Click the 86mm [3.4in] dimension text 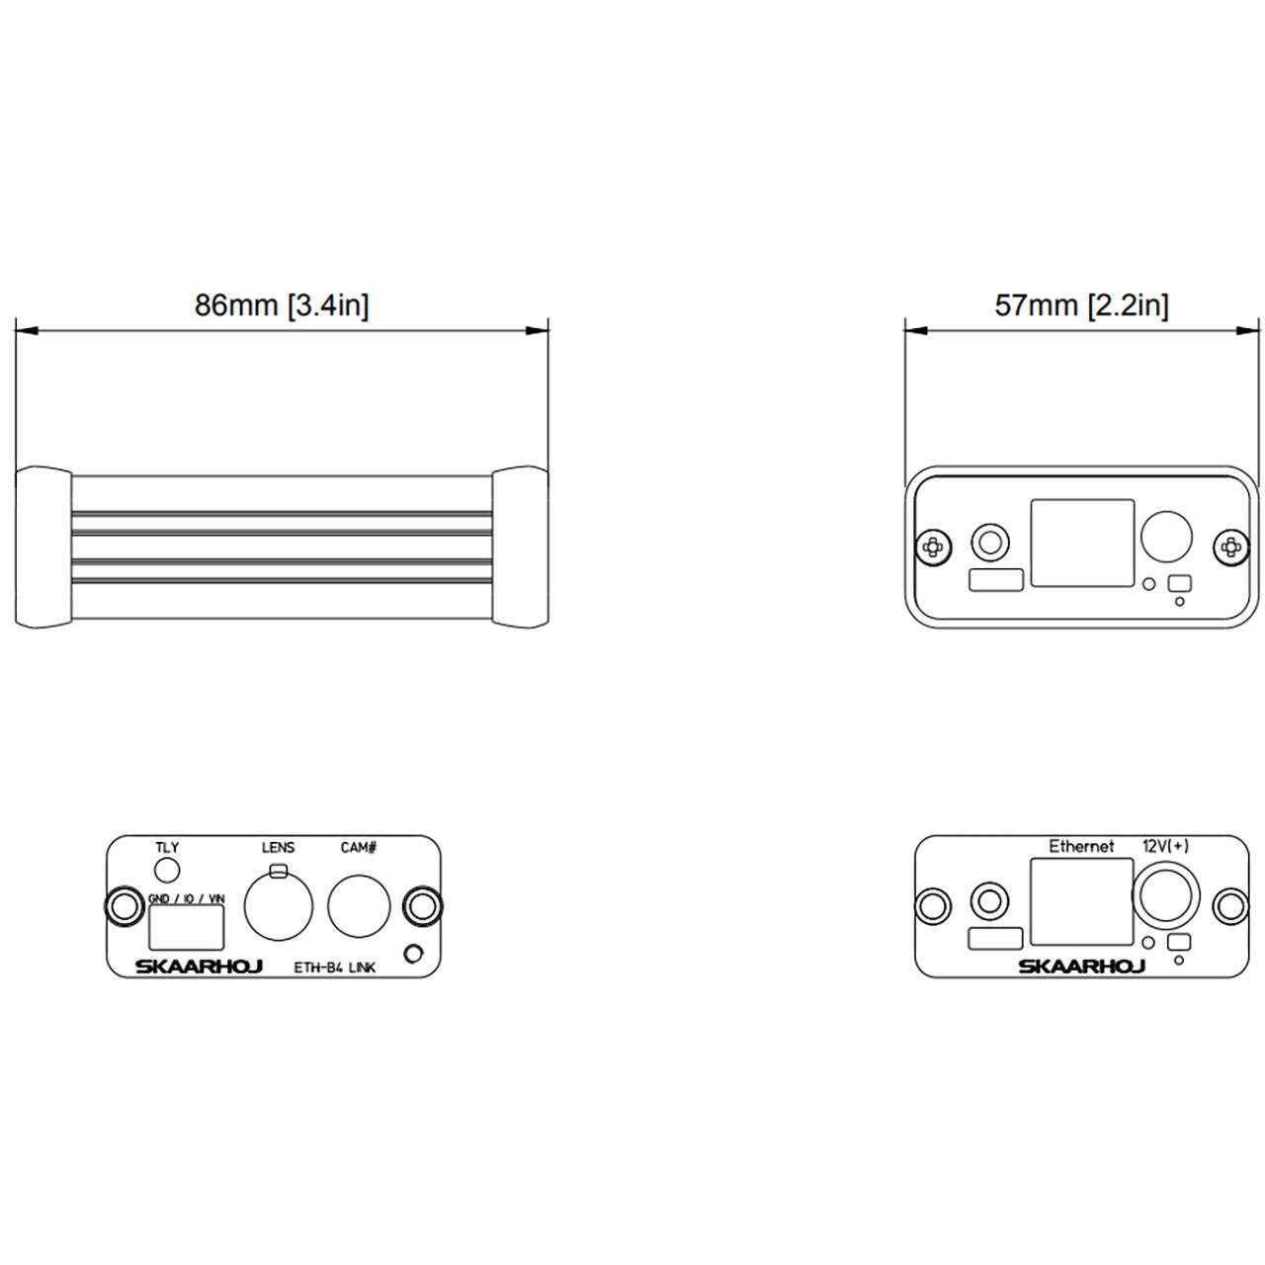[282, 305]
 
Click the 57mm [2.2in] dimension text [1081, 305]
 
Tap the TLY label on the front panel [167, 848]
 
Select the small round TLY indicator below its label [167, 871]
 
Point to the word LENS [278, 848]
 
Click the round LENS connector [279, 906]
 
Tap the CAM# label [359, 848]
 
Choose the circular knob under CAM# [359, 906]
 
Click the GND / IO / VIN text [187, 898]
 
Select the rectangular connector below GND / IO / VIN [187, 928]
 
